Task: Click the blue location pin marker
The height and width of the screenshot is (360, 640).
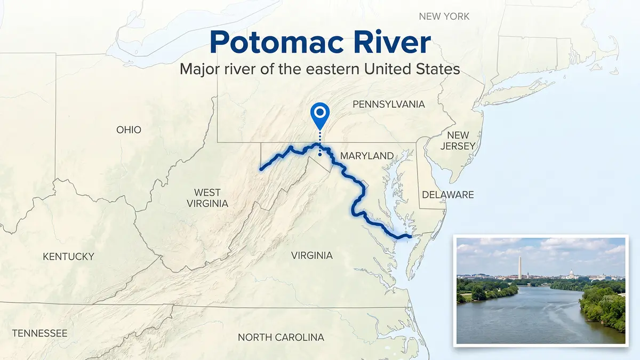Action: click(320, 114)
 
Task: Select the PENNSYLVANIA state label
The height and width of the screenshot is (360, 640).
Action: click(389, 104)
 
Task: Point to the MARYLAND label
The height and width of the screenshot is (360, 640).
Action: click(367, 156)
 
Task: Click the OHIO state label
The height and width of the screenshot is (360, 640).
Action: click(129, 130)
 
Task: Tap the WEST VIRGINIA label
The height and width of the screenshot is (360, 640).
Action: click(207, 198)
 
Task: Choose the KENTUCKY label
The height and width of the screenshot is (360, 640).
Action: click(68, 257)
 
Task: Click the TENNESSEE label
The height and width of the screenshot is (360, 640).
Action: click(39, 333)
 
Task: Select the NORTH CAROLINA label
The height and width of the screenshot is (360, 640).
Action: click(281, 337)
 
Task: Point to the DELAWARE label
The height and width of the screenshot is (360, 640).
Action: click(448, 195)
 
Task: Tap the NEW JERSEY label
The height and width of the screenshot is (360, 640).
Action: click(458, 140)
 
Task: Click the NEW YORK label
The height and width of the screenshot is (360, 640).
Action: click(444, 16)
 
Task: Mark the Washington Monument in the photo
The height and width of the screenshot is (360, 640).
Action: click(519, 267)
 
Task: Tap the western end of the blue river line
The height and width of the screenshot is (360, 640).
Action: click(261, 169)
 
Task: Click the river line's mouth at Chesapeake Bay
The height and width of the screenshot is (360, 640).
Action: click(410, 236)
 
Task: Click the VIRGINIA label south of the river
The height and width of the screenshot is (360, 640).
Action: click(311, 255)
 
